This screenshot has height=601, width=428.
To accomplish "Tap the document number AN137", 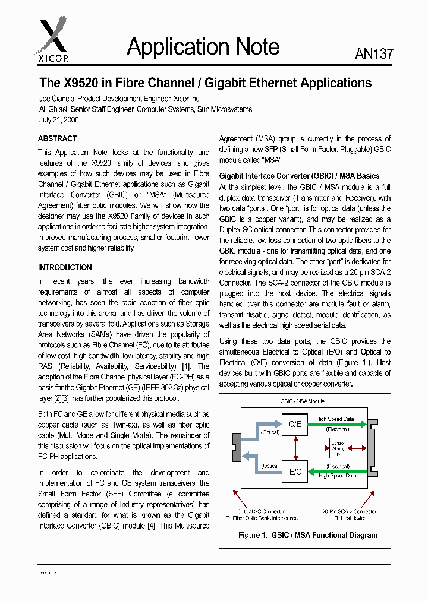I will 374,53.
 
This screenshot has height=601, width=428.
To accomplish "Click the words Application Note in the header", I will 203,48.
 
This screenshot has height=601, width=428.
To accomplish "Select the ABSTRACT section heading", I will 58,139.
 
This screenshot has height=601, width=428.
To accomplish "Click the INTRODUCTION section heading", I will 65,267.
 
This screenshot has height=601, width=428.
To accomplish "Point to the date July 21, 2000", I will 59,119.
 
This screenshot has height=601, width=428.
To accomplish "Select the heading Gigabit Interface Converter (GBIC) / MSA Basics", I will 299,176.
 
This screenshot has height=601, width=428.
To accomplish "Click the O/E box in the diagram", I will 295,424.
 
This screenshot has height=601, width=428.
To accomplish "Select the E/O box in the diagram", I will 295,472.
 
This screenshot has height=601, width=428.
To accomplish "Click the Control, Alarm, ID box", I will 338,447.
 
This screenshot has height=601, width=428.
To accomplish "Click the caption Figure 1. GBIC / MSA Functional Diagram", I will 307,535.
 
